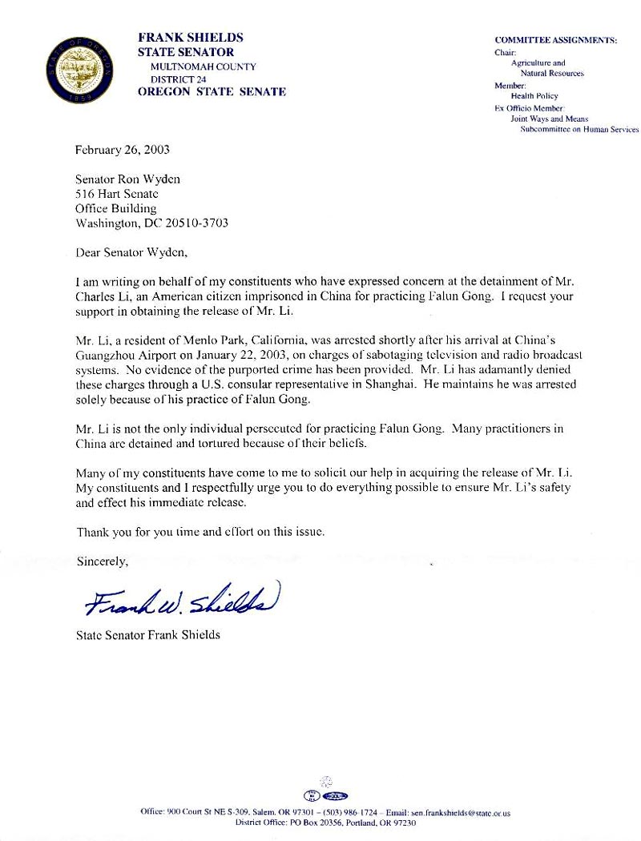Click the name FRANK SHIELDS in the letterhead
click(x=191, y=38)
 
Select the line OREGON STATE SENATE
click(x=212, y=91)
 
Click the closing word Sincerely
click(x=103, y=561)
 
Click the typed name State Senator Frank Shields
click(x=148, y=636)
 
